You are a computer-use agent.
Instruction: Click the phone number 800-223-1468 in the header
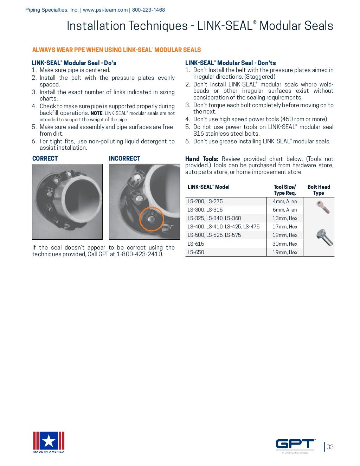(148, 10)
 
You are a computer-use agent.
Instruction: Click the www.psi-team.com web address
(105, 10)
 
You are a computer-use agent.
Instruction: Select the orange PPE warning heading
(116, 50)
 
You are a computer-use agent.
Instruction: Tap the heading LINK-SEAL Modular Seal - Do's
(74, 63)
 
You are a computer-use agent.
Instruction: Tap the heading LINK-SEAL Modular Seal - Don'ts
(230, 63)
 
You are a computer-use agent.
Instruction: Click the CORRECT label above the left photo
(45, 158)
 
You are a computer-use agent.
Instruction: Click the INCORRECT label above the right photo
(124, 158)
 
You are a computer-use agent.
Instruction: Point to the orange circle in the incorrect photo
(152, 219)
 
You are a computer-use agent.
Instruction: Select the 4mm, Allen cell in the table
(285, 201)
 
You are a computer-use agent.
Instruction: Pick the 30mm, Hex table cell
(285, 244)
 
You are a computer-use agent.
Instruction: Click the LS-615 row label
(196, 244)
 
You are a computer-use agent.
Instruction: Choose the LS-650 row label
(196, 252)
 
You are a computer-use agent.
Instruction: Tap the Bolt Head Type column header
(319, 190)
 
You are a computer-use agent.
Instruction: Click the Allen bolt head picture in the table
(323, 207)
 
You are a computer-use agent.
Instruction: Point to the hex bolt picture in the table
(324, 237)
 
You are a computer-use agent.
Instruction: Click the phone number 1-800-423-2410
(140, 254)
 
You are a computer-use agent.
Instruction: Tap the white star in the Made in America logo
(49, 441)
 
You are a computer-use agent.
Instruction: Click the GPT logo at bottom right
(295, 444)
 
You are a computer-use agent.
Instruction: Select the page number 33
(330, 447)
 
